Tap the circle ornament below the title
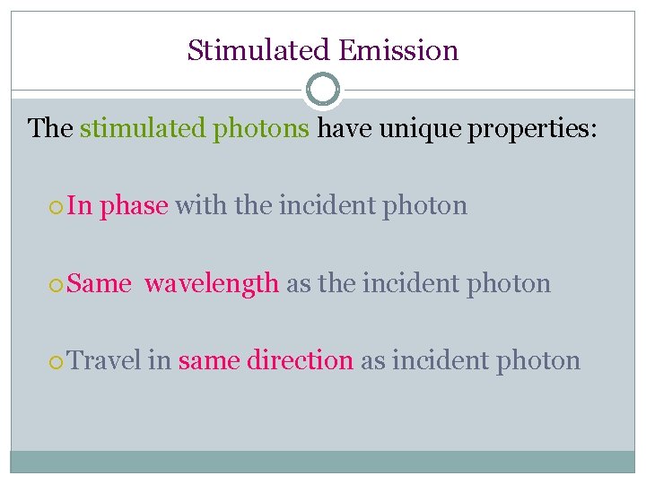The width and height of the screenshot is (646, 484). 323,91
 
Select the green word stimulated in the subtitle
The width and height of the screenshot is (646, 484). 143,128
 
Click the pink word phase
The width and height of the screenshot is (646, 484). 134,206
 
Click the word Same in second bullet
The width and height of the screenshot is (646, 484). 100,284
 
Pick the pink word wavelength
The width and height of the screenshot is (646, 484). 212,284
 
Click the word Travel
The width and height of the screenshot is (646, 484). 105,361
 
